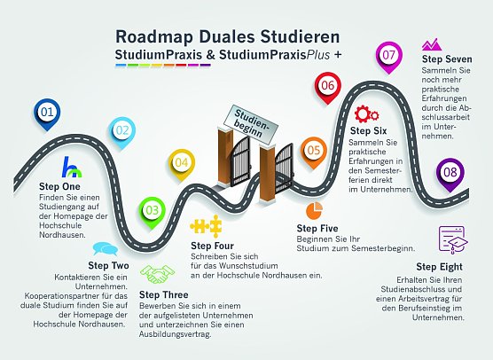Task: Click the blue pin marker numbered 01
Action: click(x=48, y=112)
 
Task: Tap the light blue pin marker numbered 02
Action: click(x=123, y=131)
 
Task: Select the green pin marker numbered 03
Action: click(x=153, y=210)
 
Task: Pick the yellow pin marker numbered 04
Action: click(x=181, y=162)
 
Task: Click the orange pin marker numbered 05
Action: click(x=313, y=151)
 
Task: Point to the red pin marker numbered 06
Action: click(x=327, y=86)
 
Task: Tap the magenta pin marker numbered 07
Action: click(x=388, y=54)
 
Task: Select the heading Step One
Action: click(x=59, y=186)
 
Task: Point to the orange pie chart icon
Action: click(x=313, y=210)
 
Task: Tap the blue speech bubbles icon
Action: click(x=103, y=249)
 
